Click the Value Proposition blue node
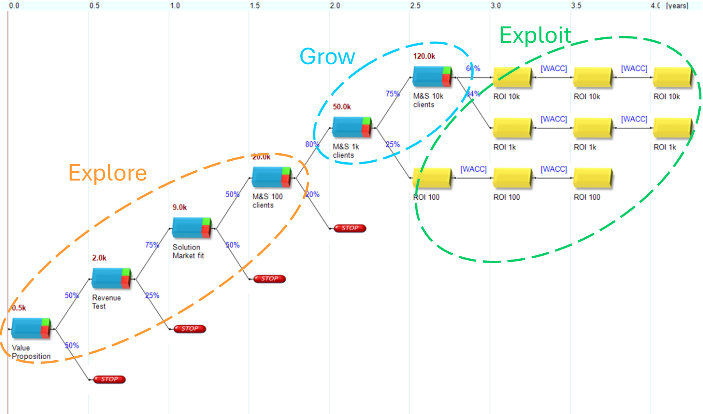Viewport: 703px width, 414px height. coord(31,328)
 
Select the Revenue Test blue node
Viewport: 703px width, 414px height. coord(111,278)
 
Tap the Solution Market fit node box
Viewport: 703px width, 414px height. coord(192,228)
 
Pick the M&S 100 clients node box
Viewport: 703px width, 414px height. coord(271,177)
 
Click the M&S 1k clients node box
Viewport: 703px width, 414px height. coord(352,127)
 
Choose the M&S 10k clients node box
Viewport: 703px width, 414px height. coord(432,76)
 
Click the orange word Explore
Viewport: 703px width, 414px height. coord(107,173)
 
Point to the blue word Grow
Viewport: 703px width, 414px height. coord(327,57)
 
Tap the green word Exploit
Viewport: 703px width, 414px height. coord(535,35)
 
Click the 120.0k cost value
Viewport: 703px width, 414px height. coord(424,56)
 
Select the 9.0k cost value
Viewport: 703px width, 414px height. coord(180,207)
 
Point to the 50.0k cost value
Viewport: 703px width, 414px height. coord(342,107)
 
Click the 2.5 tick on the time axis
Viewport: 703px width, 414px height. coord(415,6)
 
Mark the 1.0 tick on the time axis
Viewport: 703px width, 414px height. coord(175,6)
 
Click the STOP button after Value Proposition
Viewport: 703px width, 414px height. coord(109,379)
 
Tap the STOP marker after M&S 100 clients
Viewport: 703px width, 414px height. coord(350,228)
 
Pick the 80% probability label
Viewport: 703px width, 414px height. coord(312,144)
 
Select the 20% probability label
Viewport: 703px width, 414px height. coord(312,195)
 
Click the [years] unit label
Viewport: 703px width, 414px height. coord(677,6)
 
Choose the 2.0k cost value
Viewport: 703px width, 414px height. coord(99,258)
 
